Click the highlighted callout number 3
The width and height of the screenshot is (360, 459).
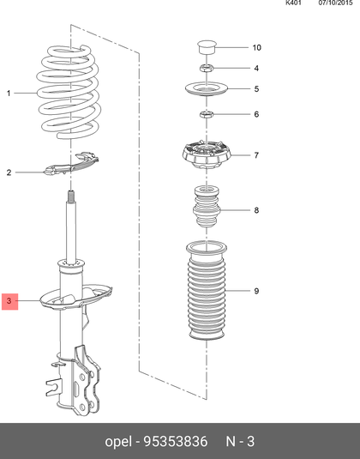[9, 301]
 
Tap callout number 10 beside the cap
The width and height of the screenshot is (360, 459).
[256, 47]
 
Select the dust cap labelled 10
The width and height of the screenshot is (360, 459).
[207, 47]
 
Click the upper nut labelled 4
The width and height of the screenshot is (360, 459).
[207, 69]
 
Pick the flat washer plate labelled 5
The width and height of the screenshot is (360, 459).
[207, 88]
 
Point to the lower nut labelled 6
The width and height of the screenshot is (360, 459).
[207, 114]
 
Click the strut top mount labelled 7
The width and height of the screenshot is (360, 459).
[206, 154]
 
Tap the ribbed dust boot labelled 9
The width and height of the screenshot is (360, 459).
[207, 290]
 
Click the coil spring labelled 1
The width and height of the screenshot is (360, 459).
[69, 92]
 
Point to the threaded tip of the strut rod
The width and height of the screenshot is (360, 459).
[71, 196]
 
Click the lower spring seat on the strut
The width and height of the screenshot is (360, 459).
[76, 298]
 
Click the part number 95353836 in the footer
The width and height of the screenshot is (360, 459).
[175, 441]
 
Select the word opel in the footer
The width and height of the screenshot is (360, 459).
[118, 442]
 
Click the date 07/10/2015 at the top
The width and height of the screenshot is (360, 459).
[335, 3]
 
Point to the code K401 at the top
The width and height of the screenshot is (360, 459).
[293, 3]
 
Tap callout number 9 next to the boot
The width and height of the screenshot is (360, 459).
[256, 291]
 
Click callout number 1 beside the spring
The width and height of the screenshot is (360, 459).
[9, 94]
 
